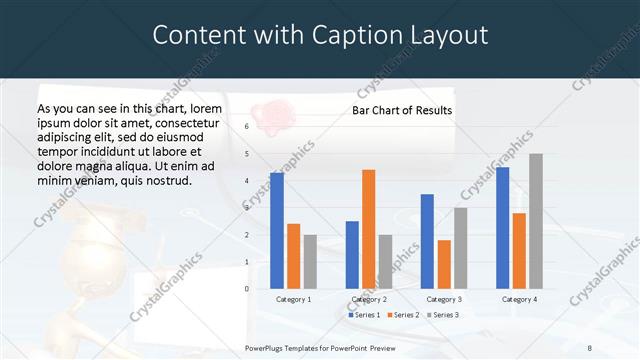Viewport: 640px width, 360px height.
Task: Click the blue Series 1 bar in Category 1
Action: point(277,230)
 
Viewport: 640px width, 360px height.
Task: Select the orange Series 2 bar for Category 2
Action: point(368,229)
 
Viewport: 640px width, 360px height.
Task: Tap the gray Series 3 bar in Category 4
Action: point(536,221)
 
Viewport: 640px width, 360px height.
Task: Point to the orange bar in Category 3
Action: point(444,264)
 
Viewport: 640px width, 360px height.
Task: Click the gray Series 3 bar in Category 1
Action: point(310,261)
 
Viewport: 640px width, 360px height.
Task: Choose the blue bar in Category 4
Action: point(502,227)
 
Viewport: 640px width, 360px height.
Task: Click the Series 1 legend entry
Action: point(365,315)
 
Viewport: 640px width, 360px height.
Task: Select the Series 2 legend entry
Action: point(402,315)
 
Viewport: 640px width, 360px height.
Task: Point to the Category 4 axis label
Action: point(518,299)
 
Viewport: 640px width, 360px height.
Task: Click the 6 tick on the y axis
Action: point(247,127)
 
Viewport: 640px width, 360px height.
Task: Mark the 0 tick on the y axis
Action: point(247,288)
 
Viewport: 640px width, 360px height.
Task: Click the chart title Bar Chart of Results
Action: point(402,110)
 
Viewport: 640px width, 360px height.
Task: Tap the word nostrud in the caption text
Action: point(165,180)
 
